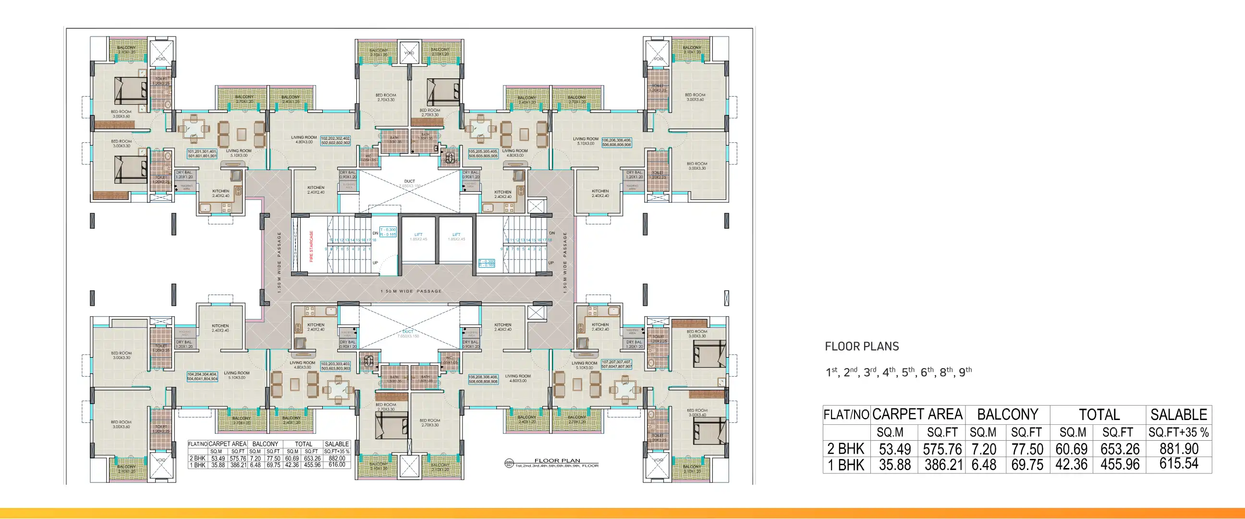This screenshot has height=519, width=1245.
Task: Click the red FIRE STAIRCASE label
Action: [311, 246]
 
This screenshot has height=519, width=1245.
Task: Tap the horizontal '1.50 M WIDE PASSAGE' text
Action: [411, 291]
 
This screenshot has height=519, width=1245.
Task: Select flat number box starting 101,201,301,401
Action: [202, 154]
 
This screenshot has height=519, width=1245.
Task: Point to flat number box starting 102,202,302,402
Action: [335, 141]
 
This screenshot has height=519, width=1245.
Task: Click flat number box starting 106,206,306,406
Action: [616, 143]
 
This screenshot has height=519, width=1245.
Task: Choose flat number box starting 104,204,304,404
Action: [202, 377]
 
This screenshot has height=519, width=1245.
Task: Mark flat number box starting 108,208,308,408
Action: [483, 379]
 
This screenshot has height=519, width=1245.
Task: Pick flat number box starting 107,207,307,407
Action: [616, 364]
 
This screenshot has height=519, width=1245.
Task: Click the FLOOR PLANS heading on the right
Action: [862, 346]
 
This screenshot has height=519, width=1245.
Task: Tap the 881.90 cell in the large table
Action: [1179, 449]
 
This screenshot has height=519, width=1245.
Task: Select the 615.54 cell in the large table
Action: [1179, 464]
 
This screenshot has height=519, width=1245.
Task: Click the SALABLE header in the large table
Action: [1178, 415]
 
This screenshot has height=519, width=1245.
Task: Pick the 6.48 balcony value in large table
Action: [984, 465]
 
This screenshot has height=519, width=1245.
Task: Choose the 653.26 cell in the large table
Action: [1120, 449]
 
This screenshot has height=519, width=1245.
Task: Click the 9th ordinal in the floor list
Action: [965, 372]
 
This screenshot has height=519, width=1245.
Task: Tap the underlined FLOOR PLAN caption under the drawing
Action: [557, 460]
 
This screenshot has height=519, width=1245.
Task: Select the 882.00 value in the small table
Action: [337, 458]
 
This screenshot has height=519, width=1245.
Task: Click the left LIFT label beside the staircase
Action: [418, 235]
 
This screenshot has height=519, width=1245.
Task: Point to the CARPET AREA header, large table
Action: [917, 415]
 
